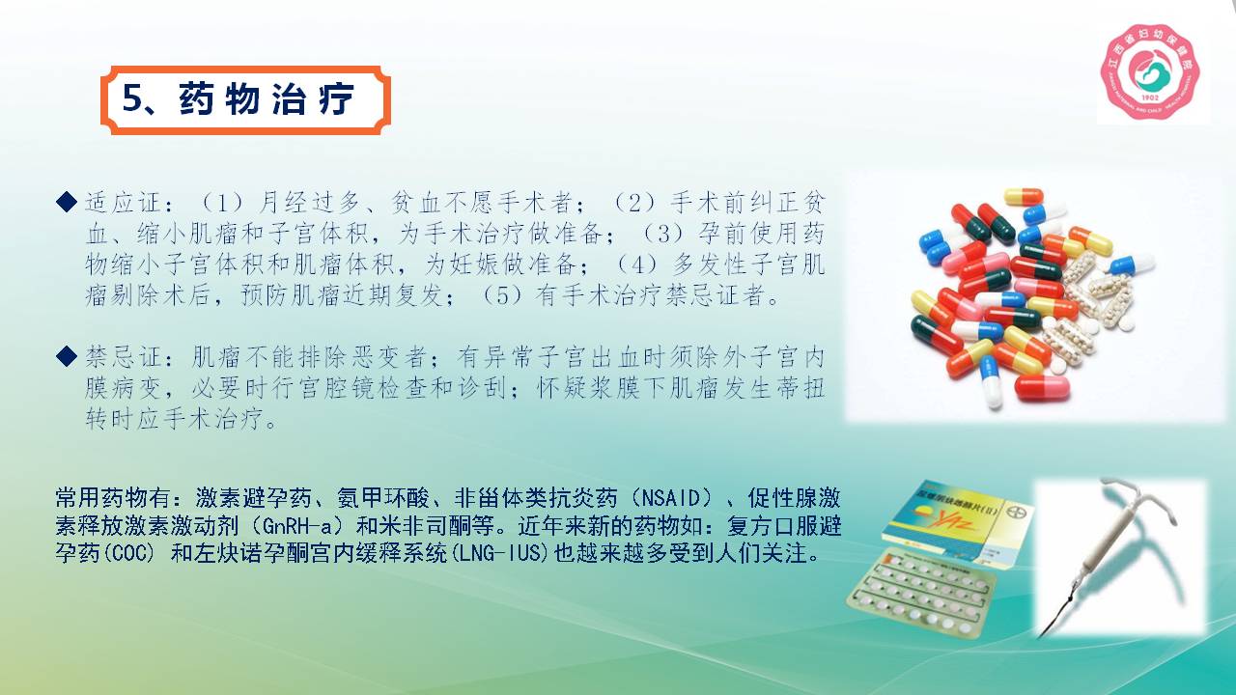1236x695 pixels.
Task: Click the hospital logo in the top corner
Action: coord(1150,71)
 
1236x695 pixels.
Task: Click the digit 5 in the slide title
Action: coord(132,99)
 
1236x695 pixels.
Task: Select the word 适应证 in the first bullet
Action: coord(123,203)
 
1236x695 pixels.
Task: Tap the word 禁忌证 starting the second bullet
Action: coord(123,357)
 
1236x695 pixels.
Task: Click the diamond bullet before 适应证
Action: coord(67,202)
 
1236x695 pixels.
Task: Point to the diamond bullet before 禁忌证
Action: coord(67,356)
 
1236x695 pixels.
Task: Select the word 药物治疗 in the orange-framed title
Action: coord(267,99)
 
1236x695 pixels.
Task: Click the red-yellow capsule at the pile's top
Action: coord(1023,197)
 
